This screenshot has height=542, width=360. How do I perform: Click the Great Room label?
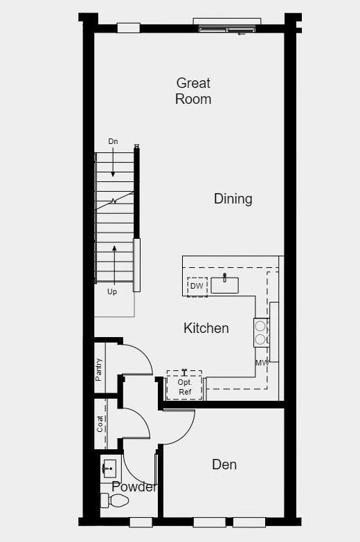click(x=193, y=91)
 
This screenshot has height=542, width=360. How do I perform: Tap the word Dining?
click(x=233, y=199)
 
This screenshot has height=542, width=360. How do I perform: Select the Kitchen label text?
click(x=206, y=328)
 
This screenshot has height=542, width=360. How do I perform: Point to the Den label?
click(x=224, y=464)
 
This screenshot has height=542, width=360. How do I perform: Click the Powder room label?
click(x=134, y=487)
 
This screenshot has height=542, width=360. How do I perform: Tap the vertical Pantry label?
click(x=100, y=369)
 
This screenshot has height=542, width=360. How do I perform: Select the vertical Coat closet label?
click(x=100, y=424)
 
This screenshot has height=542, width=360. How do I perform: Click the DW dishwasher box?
click(x=197, y=286)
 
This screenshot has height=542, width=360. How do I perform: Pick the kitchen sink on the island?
click(x=225, y=284)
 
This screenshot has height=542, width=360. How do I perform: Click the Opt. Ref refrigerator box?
click(x=185, y=386)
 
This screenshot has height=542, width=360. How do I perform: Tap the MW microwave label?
click(x=262, y=363)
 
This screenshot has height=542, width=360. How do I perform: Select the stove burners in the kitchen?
click(x=260, y=332)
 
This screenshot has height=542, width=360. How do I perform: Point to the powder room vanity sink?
click(x=108, y=469)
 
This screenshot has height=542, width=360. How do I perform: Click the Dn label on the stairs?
click(x=114, y=141)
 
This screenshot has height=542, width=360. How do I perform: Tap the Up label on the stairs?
click(x=112, y=291)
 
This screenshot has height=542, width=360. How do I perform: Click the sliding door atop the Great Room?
click(x=227, y=27)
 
